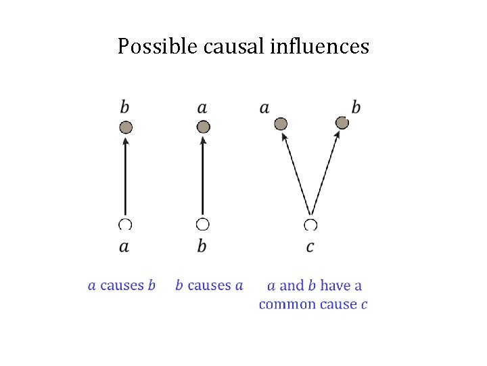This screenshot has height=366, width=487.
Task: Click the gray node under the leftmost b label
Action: pyautogui.click(x=125, y=127)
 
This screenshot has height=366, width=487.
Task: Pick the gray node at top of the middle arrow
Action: pyautogui.click(x=203, y=127)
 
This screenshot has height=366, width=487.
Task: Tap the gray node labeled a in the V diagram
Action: pyautogui.click(x=281, y=123)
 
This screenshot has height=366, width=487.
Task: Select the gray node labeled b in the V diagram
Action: pyautogui.click(x=342, y=123)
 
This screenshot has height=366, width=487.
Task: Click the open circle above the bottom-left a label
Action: pyautogui.click(x=125, y=224)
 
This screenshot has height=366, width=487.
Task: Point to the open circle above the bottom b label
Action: pyautogui.click(x=202, y=224)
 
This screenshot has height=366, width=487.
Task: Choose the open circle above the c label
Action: pyautogui.click(x=310, y=224)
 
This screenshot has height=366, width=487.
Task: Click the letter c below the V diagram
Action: pyautogui.click(x=310, y=246)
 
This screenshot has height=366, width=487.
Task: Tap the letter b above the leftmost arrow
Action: pyautogui.click(x=125, y=107)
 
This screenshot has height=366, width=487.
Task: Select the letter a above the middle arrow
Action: pyautogui.click(x=202, y=108)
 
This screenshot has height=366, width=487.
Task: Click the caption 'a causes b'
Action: pyautogui.click(x=122, y=285)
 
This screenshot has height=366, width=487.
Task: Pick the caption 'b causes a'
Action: pyautogui.click(x=209, y=285)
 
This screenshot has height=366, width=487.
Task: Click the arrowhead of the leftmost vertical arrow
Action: pyautogui.click(x=125, y=140)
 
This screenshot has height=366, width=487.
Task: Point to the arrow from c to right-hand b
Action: pyautogui.click(x=325, y=172)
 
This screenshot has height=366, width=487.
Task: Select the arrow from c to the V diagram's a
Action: pyautogui.click(x=296, y=172)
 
